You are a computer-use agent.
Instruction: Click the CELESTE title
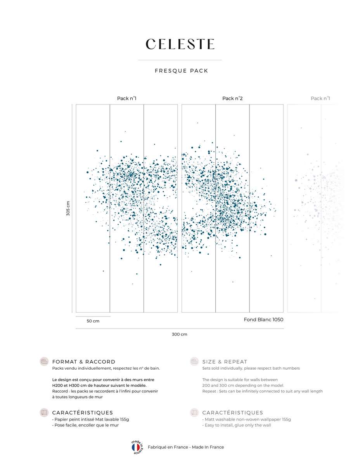point(180,44)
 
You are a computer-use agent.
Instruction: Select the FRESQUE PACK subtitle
point(182,71)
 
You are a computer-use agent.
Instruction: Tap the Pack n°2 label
point(232,98)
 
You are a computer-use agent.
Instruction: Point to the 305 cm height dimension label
point(68,208)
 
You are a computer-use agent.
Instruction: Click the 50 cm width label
point(93,321)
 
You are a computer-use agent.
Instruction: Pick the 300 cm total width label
point(180,334)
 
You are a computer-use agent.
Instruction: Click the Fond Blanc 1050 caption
point(263,320)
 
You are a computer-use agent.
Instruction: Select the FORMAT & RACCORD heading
point(84,362)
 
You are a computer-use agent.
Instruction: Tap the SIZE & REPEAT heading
point(225,362)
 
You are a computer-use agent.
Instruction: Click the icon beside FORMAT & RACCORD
point(44,362)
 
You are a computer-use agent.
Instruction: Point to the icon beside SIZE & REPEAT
point(194,362)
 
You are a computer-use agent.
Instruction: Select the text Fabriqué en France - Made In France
point(186,447)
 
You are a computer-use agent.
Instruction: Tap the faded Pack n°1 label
point(320,98)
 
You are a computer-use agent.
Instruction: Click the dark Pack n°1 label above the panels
point(126,98)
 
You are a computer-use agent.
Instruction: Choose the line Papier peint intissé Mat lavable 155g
point(91,419)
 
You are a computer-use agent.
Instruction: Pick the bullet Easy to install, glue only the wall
point(237,425)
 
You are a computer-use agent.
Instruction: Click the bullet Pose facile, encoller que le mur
point(85,425)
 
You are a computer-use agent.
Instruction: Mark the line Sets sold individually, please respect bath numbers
point(251,368)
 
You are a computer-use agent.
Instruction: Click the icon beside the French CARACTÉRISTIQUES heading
point(44,412)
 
